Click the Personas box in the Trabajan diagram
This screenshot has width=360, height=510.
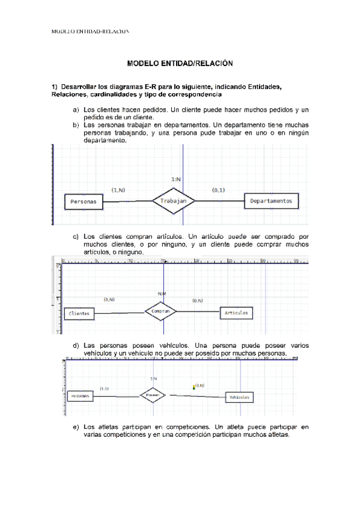click(84, 202)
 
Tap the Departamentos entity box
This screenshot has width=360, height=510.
click(272, 201)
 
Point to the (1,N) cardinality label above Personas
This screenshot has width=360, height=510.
click(118, 189)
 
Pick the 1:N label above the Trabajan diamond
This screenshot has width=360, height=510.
click(176, 179)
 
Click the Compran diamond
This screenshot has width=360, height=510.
click(161, 312)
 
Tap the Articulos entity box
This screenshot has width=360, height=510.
click(237, 313)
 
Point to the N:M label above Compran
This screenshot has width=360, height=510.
click(162, 293)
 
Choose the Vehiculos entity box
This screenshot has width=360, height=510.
click(239, 398)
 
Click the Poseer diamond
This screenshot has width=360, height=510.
click(153, 395)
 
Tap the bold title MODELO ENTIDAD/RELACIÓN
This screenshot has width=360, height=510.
click(179, 63)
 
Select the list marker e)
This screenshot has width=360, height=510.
click(76, 427)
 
